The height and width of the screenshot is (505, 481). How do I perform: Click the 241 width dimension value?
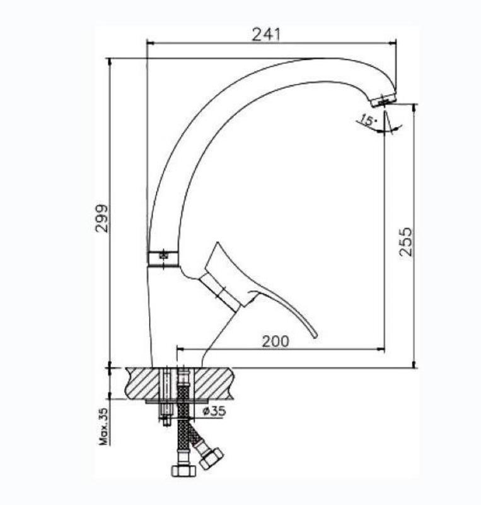(x=266, y=35)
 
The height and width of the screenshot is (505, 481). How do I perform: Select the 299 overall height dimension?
(x=102, y=218)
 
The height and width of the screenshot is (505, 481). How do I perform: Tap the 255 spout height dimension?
(x=405, y=242)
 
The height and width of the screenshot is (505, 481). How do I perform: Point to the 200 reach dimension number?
(x=275, y=342)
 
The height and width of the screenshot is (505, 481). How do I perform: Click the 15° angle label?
(x=368, y=120)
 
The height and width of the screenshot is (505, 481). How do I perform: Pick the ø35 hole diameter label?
(x=214, y=411)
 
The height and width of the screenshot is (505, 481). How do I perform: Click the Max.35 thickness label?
(x=104, y=427)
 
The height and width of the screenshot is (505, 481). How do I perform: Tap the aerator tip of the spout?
(x=383, y=100)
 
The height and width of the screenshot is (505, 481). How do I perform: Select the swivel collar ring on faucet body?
(x=163, y=258)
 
